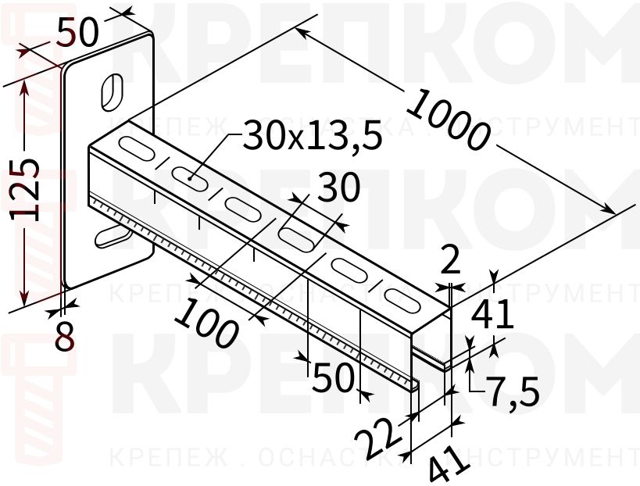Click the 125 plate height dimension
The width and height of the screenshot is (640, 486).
coord(27,190)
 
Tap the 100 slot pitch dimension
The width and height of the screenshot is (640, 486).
coord(206,325)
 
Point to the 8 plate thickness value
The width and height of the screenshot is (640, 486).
coord(64,336)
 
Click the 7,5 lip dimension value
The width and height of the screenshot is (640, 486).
coord(512,390)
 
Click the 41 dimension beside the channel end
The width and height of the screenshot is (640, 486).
coord(493,314)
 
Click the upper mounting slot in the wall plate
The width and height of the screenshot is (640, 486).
coord(113,91)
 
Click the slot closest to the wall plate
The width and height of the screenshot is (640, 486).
coord(136,145)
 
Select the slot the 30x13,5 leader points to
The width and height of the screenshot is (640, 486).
coord(189,177)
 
